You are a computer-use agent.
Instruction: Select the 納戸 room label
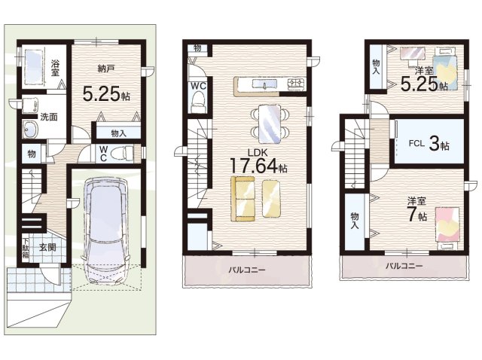(x=106, y=69)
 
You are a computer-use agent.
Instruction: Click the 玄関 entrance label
(x=47, y=248)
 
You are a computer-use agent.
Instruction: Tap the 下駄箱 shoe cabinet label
(x=26, y=248)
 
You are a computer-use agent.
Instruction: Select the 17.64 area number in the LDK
(x=253, y=166)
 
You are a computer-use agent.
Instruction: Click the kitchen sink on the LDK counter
(x=264, y=84)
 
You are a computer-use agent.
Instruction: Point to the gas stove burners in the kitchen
(x=295, y=84)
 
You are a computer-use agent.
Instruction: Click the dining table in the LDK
(x=270, y=124)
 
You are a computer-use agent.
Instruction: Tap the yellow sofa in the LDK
(x=243, y=199)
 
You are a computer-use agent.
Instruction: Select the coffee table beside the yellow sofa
(x=271, y=199)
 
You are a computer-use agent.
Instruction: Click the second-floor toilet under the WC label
(x=198, y=102)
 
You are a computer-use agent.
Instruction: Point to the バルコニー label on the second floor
(x=247, y=270)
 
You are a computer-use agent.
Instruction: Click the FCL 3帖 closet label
(x=429, y=144)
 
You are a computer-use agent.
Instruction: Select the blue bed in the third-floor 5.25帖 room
(x=445, y=69)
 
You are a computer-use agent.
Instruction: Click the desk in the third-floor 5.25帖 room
(x=413, y=53)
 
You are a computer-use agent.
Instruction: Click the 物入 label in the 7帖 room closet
(x=355, y=221)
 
